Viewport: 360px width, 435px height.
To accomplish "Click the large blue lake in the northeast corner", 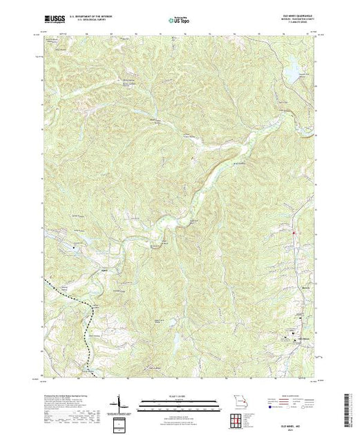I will click(x=292, y=68).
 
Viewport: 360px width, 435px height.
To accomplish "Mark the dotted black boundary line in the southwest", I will click(x=69, y=291).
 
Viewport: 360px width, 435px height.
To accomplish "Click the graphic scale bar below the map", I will click(x=179, y=402).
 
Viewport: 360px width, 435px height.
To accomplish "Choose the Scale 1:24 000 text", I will click(x=179, y=395).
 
